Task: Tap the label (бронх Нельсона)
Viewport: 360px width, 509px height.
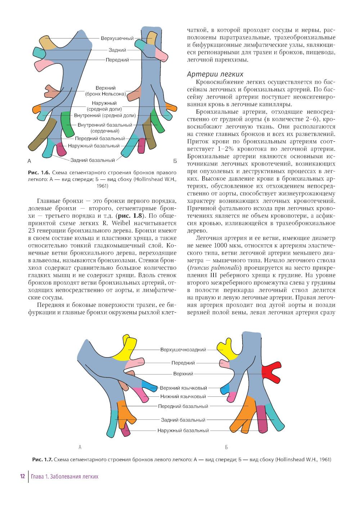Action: pos(105,94)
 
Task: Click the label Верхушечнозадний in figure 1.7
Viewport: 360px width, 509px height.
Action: pos(183,349)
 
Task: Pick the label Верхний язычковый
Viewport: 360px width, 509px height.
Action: pos(183,388)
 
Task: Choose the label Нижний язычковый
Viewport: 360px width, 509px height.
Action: pos(183,396)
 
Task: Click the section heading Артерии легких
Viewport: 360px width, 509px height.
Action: pos(215,74)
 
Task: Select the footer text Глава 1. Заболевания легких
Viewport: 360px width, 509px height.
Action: pos(64,477)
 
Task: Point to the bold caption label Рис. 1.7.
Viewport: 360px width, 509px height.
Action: pos(42,459)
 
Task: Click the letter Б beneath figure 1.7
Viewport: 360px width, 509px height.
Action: pos(226,447)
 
